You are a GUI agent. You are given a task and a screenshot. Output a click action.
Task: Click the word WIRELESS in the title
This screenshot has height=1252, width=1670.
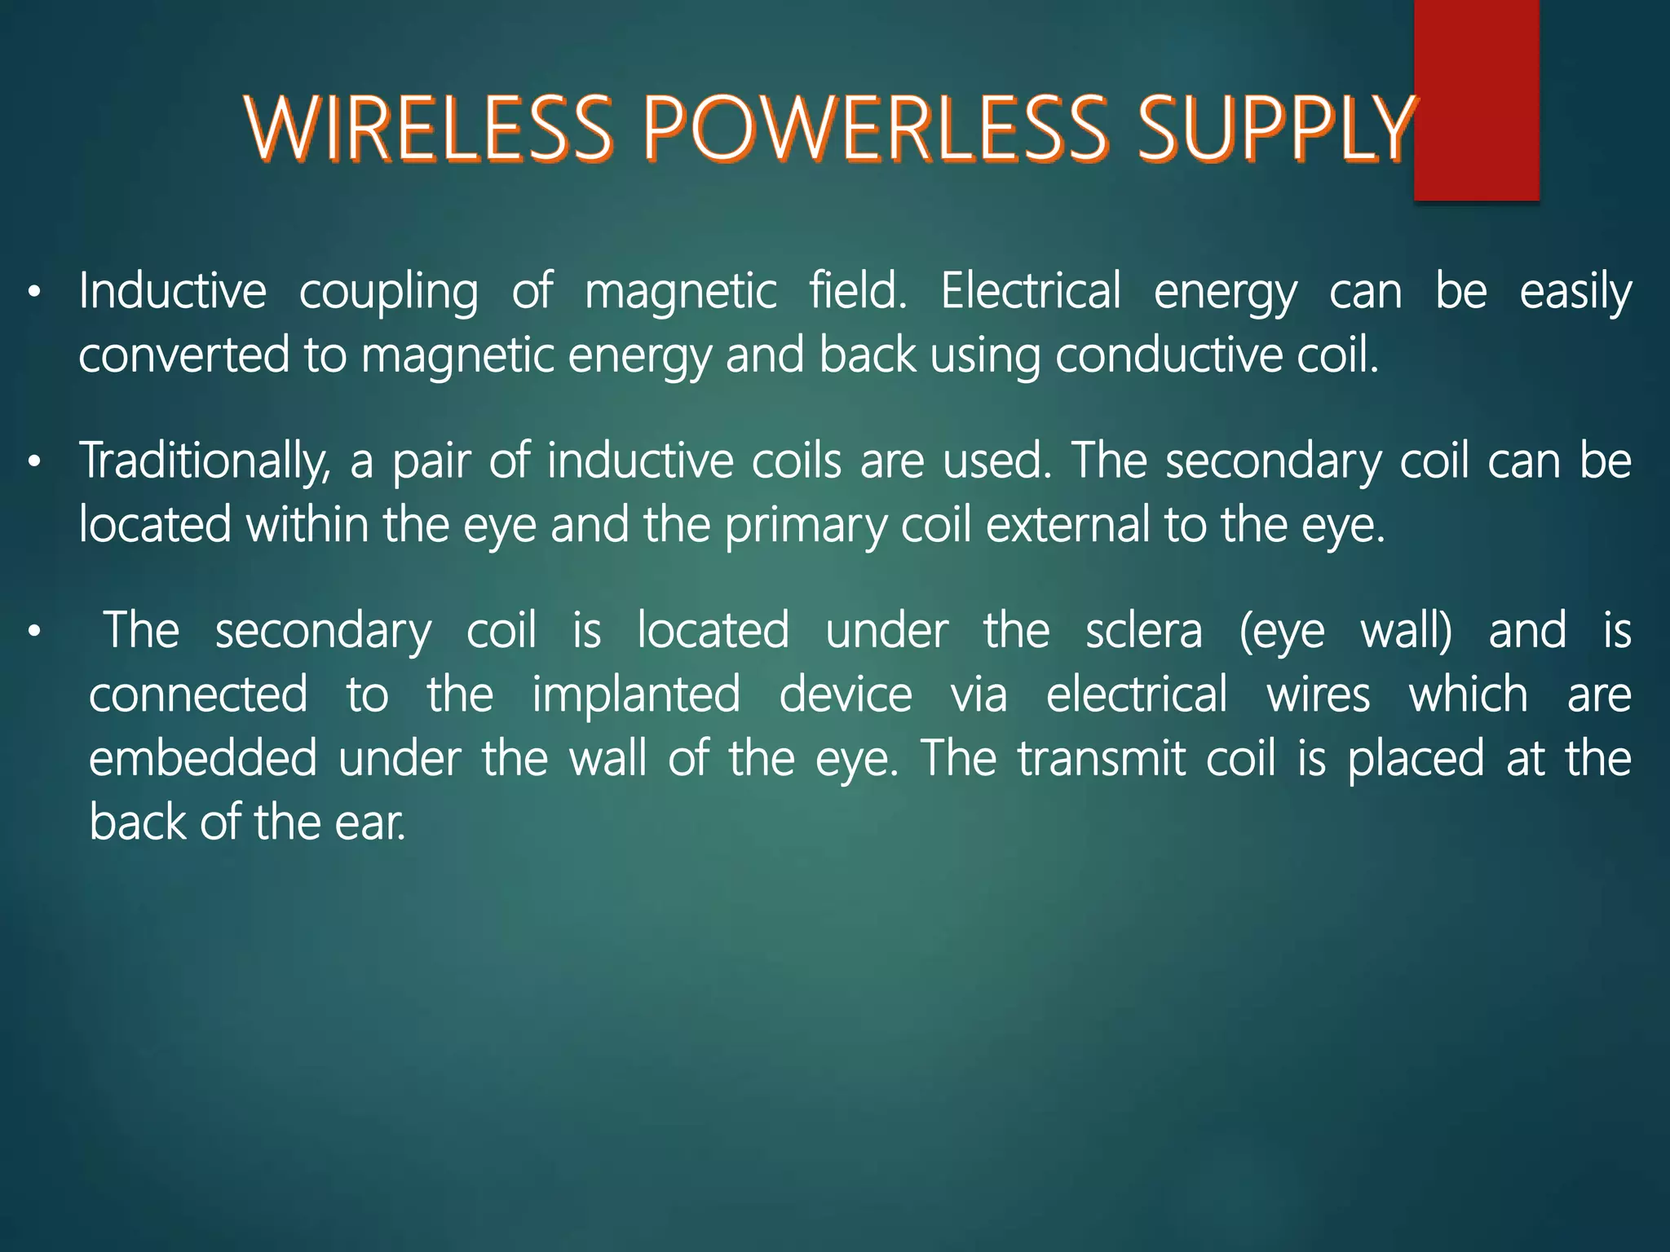pyautogui.click(x=429, y=129)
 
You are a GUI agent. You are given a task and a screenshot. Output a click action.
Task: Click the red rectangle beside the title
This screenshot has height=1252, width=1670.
pyautogui.click(x=1476, y=99)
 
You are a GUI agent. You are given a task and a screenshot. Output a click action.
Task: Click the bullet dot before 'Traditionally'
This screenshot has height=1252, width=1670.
pyautogui.click(x=33, y=462)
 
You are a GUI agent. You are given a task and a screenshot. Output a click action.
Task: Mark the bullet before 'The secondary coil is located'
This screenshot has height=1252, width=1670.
pyautogui.click(x=33, y=632)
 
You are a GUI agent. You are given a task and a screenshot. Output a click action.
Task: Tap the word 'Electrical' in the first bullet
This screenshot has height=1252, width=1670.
pyautogui.click(x=1031, y=291)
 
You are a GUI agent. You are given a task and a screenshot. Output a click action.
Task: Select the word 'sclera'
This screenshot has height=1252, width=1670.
pyautogui.click(x=1143, y=631)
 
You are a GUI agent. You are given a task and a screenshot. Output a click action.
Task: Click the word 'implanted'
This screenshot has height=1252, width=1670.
pyautogui.click(x=636, y=696)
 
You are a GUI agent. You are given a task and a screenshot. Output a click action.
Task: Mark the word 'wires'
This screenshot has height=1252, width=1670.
pyautogui.click(x=1318, y=695)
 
